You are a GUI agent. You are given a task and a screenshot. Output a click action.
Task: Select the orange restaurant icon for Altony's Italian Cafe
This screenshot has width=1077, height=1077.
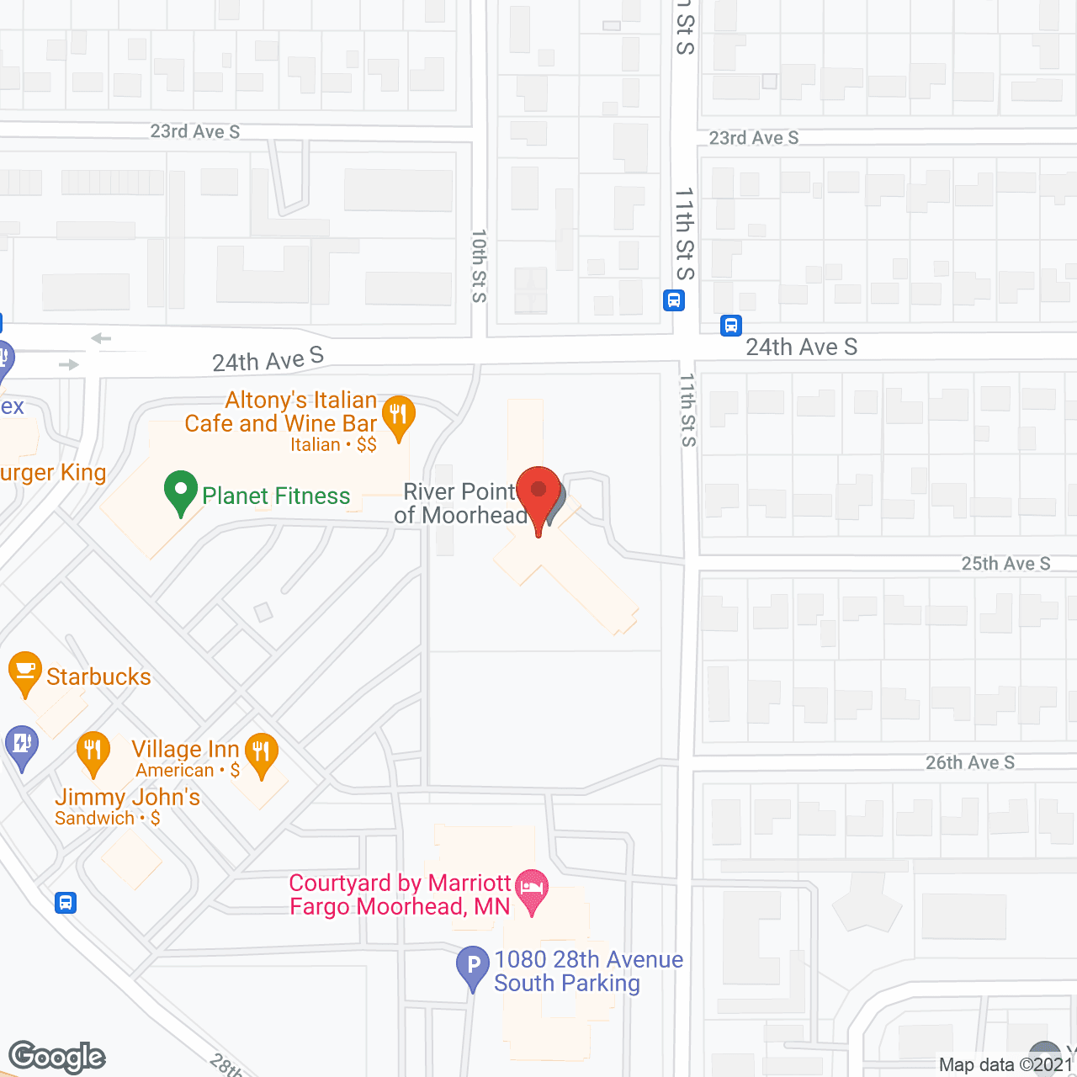(x=398, y=416)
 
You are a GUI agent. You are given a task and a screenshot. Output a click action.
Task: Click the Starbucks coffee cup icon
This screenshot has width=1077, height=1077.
(x=25, y=671)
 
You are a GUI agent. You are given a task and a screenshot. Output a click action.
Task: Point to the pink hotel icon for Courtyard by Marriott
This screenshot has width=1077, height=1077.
(x=532, y=889)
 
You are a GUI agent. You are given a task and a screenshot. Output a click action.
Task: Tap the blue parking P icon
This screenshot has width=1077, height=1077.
(x=473, y=967)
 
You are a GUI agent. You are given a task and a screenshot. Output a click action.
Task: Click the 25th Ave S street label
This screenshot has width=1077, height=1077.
(x=1005, y=564)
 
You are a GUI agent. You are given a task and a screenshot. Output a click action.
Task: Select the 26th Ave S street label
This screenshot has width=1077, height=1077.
(x=970, y=762)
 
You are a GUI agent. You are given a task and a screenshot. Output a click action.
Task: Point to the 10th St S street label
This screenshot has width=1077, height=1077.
(x=479, y=266)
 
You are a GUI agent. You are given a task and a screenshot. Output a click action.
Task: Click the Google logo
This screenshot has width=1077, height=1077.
(x=57, y=1057)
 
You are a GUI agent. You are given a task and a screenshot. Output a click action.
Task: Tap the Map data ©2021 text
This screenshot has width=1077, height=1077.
(x=1005, y=1064)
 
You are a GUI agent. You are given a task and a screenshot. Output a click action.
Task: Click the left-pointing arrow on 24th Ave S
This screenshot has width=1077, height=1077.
(x=101, y=338)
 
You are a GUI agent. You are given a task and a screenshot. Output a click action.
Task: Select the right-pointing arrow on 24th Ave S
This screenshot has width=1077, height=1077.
(x=69, y=364)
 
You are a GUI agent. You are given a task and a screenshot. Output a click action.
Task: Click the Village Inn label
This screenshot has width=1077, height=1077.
(x=185, y=749)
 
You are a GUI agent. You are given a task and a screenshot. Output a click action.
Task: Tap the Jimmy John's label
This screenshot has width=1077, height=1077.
(x=127, y=797)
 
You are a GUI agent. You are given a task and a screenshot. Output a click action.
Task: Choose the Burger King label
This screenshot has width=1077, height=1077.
(x=53, y=473)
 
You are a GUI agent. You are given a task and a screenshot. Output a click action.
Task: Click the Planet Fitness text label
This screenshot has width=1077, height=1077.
(x=276, y=496)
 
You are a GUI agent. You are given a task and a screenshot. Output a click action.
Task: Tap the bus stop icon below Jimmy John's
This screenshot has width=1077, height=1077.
(x=66, y=903)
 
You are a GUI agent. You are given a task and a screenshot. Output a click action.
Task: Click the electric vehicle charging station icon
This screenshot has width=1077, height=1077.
(x=21, y=745)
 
